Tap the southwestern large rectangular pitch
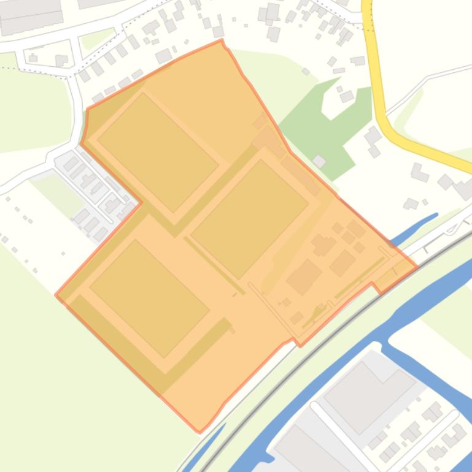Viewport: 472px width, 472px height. click(149, 289)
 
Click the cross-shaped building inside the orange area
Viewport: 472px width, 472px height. click(323, 228)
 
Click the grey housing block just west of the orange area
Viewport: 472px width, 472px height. click(92, 181)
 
